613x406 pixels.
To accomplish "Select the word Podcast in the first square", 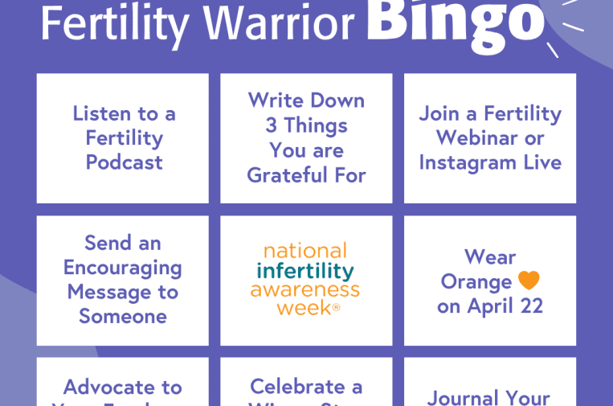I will click(125, 162).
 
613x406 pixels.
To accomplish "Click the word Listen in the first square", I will click(101, 113).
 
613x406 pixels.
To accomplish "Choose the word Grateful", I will click(285, 174).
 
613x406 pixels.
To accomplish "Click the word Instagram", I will click(467, 162).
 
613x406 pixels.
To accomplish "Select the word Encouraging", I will click(123, 268).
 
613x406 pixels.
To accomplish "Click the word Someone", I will click(123, 316).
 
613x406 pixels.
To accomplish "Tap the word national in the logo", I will click(305, 250).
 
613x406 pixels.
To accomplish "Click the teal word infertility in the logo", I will click(305, 269).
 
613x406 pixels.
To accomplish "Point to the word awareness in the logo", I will click(305, 289).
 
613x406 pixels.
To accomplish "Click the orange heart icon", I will click(529, 281).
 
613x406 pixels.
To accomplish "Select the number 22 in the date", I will click(529, 306).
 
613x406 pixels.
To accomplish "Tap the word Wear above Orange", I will click(490, 257).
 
